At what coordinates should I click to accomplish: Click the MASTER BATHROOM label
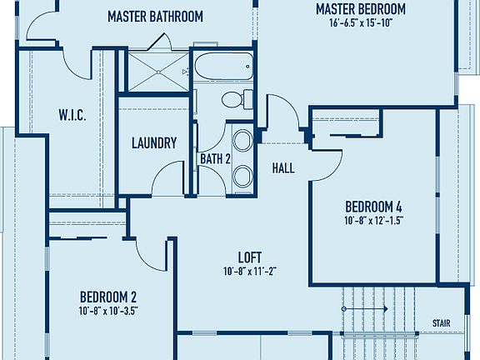155,16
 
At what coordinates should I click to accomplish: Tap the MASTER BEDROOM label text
360,9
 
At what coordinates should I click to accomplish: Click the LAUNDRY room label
154,142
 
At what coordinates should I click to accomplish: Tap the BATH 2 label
214,158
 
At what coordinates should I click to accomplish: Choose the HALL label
283,168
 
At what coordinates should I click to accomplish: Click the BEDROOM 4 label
374,207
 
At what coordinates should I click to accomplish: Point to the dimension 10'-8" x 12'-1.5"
374,221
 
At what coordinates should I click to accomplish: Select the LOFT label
251,257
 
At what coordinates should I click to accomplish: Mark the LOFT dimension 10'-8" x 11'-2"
251,271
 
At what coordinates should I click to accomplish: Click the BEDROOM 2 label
108,296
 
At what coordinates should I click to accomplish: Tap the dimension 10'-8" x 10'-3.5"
108,309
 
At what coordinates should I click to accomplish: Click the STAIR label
442,323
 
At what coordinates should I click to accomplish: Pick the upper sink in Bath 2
243,140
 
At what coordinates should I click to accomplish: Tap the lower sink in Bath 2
243,176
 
